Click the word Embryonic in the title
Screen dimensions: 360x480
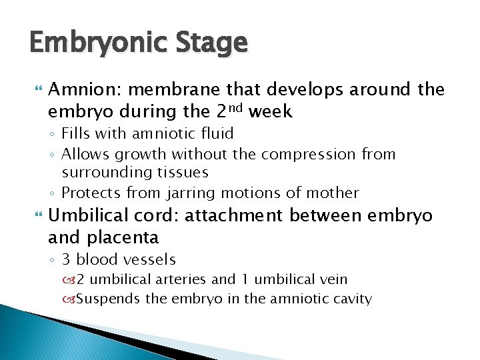95,44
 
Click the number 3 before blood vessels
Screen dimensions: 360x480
66,259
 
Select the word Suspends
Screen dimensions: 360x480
108,299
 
